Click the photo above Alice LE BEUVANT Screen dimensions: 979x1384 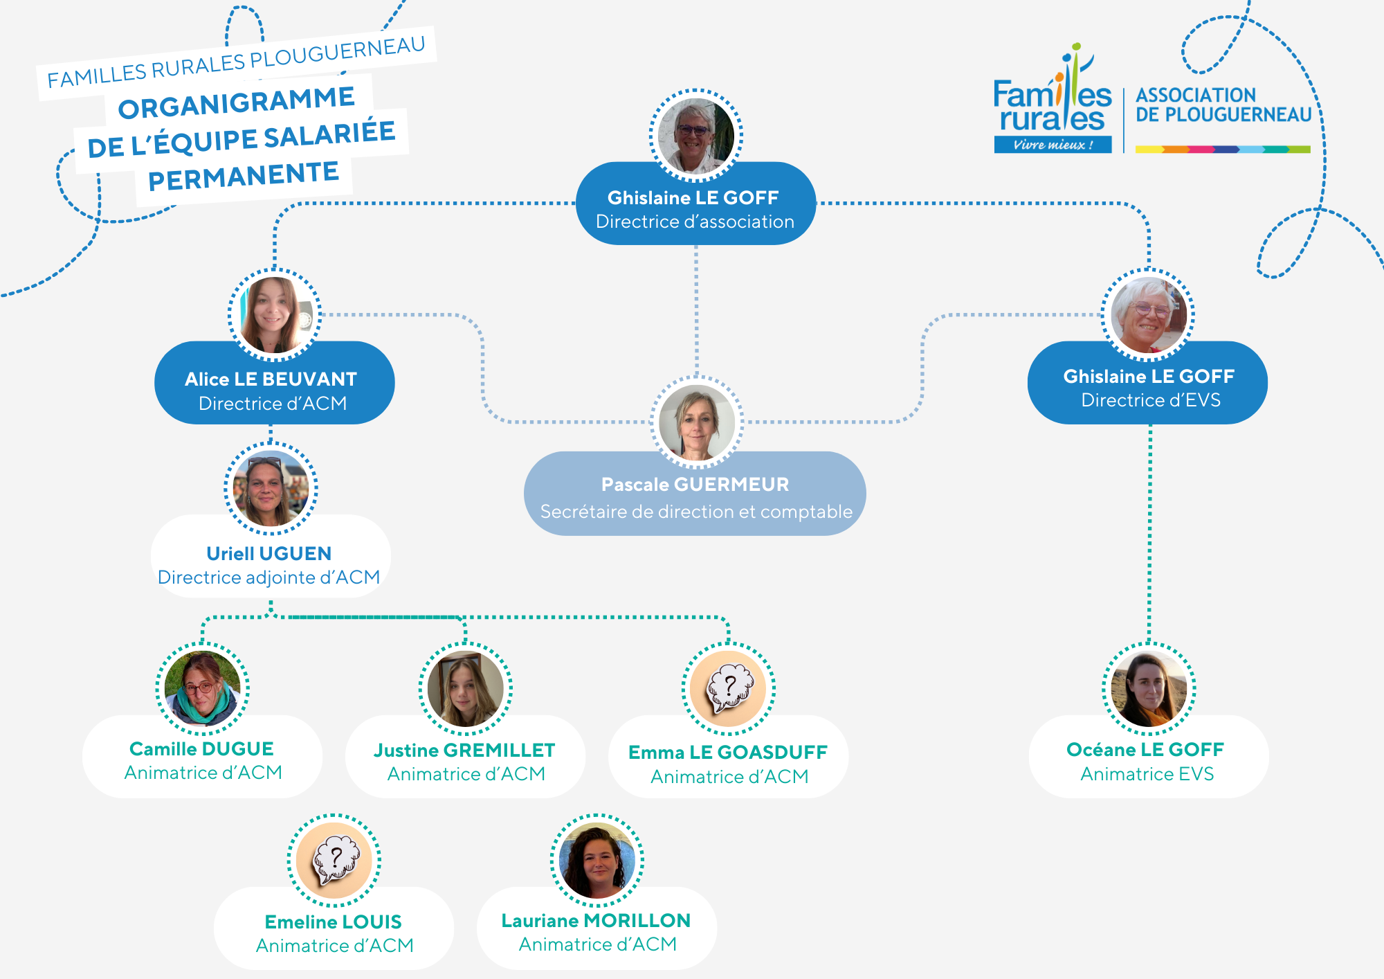(275, 315)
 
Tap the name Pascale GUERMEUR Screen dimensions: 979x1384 (695, 485)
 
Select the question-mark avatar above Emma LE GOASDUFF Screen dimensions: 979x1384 (729, 688)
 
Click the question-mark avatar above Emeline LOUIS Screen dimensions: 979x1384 (334, 861)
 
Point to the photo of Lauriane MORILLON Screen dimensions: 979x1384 (597, 861)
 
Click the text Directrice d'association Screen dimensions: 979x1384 (695, 222)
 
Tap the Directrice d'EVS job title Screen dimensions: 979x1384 (1150, 400)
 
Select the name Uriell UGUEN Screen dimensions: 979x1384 (269, 553)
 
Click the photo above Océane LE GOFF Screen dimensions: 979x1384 (1149, 688)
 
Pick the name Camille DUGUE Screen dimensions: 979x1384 (201, 749)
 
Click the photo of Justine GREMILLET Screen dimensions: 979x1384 (465, 688)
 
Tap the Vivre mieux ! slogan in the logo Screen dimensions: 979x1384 (1053, 145)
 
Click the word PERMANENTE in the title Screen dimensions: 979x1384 (244, 176)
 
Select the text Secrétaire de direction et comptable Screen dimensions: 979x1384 (696, 512)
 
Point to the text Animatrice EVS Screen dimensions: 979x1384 (1147, 774)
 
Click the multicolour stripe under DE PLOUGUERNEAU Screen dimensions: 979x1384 (1223, 149)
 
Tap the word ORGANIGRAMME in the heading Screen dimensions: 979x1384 (236, 103)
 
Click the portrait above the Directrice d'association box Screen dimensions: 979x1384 (696, 136)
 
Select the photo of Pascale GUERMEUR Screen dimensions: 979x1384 (697, 422)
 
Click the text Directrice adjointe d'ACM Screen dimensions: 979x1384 (268, 577)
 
